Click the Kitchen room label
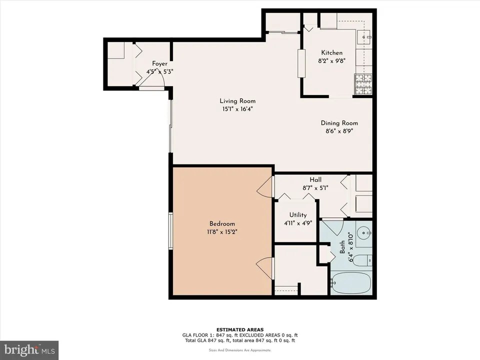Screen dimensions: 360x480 [x=331, y=52]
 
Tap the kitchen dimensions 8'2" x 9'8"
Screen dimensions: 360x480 [x=331, y=61]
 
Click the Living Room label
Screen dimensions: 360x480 [x=237, y=100]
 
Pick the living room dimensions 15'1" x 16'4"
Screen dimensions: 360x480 [x=237, y=109]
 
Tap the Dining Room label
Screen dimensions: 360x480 [x=339, y=123]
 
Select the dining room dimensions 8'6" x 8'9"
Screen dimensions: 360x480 [x=339, y=131]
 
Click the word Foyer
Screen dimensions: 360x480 [x=159, y=63]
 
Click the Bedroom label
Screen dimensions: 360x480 [x=222, y=223]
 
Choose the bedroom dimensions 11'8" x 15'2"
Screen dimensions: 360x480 [x=222, y=232]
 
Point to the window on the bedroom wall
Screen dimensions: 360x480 [x=171, y=230]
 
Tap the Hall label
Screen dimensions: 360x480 [x=315, y=180]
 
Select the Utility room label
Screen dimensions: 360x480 [x=298, y=215]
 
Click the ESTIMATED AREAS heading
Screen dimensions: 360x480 [x=240, y=329]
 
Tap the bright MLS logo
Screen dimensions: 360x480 [x=29, y=349]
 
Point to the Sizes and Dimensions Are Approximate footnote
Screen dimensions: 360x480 [x=240, y=350]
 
